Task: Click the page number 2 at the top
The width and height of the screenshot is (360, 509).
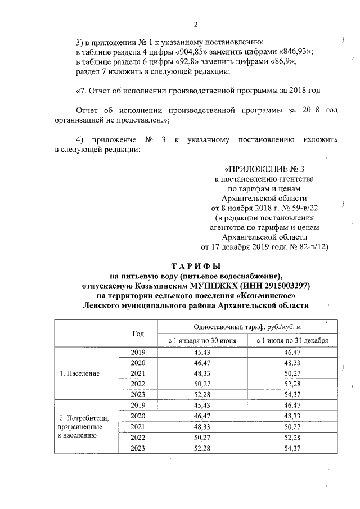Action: [196, 24]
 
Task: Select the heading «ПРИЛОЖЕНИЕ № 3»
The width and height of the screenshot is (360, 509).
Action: [267, 169]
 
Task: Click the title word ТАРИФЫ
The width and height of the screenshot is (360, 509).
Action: [195, 265]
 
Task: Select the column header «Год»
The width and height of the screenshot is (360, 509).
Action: [138, 333]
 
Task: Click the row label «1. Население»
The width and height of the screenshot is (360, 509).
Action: [80, 373]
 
